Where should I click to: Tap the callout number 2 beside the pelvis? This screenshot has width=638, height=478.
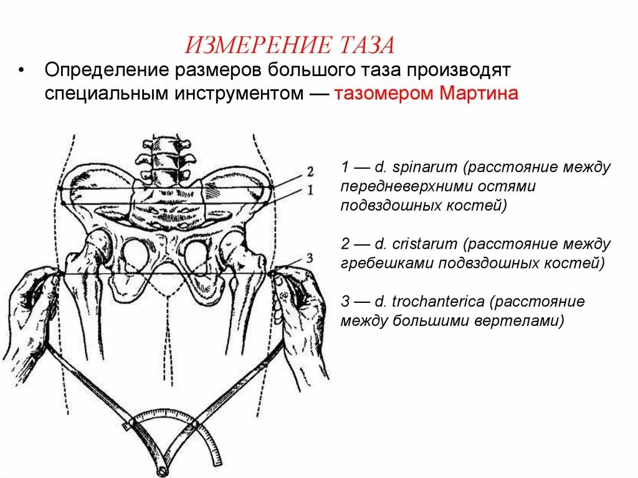click(x=310, y=172)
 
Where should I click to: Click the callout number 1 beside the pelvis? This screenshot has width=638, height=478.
click(x=310, y=189)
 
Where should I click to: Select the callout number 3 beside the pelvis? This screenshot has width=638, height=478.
click(x=310, y=257)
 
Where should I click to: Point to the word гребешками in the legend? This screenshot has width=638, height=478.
click(x=379, y=262)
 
